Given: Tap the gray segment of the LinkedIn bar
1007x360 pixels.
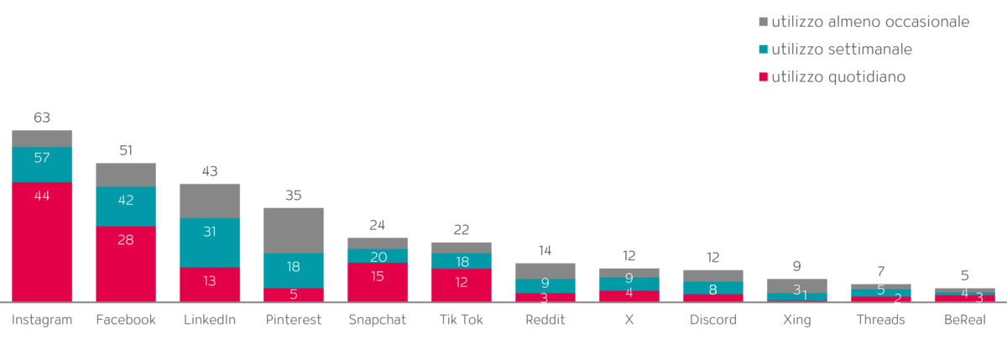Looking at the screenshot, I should click(210, 200).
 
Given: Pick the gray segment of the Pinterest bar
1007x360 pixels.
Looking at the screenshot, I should click(294, 229).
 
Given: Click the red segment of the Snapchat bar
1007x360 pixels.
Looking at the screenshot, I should click(378, 281).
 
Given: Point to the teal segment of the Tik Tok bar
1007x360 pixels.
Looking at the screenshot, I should click(462, 260).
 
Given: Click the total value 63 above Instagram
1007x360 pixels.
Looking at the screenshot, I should click(42, 117).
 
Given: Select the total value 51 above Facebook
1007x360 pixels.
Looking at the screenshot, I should click(126, 151).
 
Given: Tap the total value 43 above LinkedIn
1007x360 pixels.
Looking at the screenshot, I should click(210, 171).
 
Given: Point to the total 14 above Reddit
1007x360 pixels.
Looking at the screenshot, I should click(545, 250).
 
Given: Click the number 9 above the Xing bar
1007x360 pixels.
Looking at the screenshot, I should click(797, 267).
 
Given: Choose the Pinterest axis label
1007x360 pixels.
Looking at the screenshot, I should click(294, 320).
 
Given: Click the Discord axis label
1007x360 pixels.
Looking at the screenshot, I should click(713, 320).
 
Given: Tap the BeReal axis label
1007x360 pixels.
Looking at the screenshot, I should click(965, 320).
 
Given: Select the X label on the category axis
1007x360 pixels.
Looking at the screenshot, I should click(629, 320).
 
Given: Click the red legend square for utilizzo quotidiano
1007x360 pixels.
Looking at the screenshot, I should click(763, 77).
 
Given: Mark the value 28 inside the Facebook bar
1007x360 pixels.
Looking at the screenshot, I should click(126, 239).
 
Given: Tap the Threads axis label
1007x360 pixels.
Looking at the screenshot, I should click(881, 320).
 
